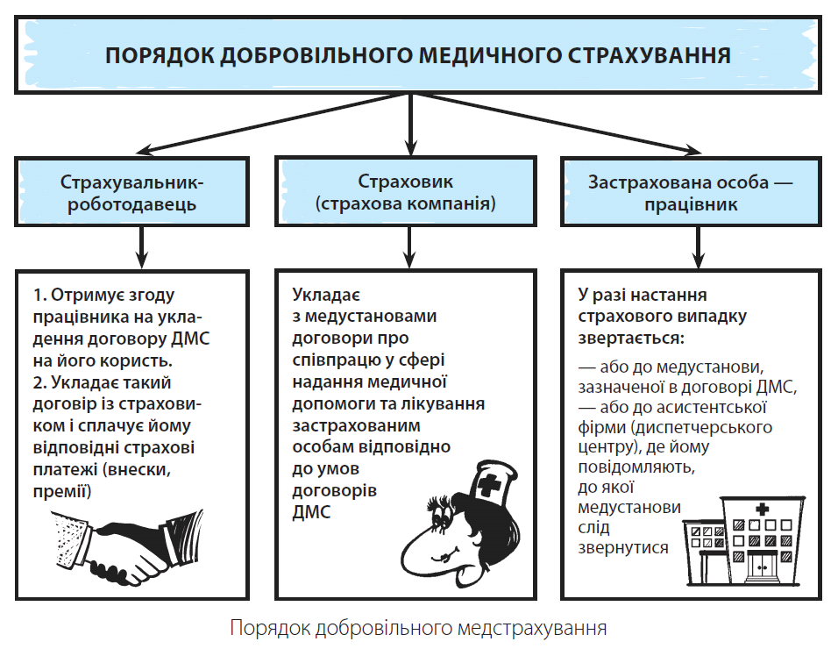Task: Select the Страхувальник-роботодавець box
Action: coord(132,191)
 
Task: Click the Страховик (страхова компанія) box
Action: coord(406,191)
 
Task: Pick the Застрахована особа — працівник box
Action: coord(691,191)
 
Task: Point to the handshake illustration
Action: coord(128,545)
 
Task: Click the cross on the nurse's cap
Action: coord(487,484)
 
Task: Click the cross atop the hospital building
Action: coord(762,509)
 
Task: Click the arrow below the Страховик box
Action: coord(410,247)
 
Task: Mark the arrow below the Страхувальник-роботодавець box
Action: coord(142,247)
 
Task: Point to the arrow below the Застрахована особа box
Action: coord(699,247)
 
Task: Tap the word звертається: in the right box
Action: coord(631,339)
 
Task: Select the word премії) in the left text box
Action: coord(62,491)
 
